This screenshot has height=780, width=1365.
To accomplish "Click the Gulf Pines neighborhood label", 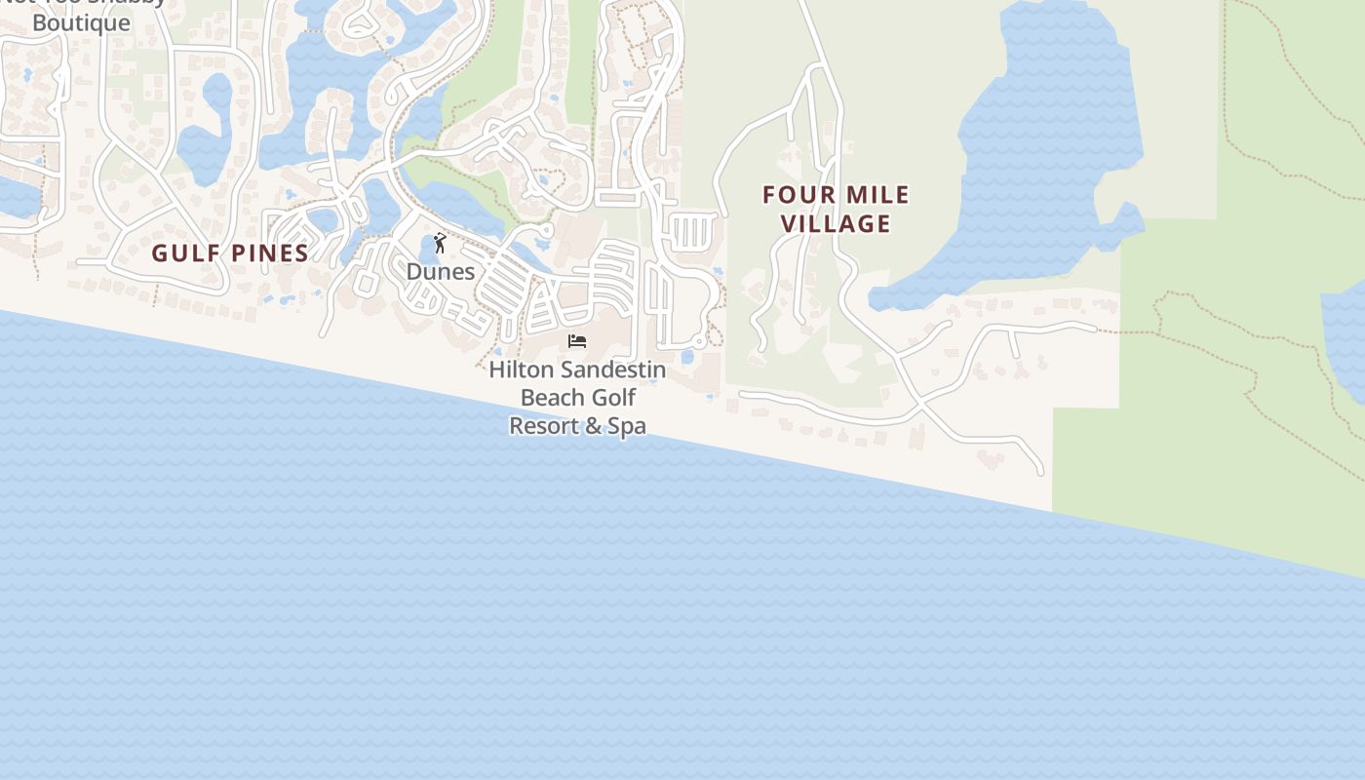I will (230, 253).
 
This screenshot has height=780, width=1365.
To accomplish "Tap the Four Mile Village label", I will (836, 210).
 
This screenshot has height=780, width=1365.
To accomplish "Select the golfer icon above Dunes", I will (440, 243).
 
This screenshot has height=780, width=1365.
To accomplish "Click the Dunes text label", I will (441, 271).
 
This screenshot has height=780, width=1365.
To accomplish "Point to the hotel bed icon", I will (577, 341).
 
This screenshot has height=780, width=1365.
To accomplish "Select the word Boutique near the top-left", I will (81, 22).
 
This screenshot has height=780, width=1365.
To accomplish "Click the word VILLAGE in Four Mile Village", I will (836, 224).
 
